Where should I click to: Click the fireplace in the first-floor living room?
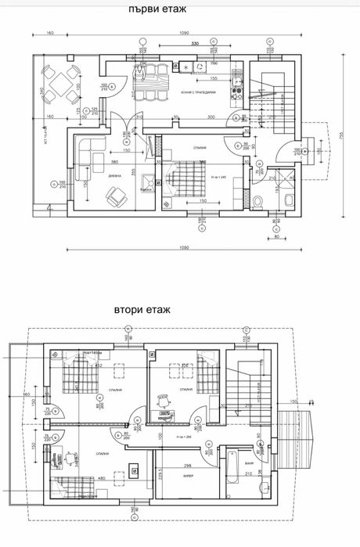(x=146, y=184)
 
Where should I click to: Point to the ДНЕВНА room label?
(x=113, y=176)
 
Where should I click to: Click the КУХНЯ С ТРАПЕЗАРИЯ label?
(x=196, y=92)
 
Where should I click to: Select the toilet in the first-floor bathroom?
(x=258, y=203)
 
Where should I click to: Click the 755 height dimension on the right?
(x=342, y=134)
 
